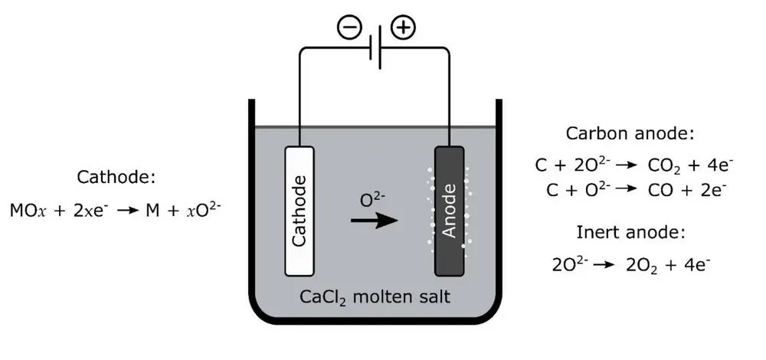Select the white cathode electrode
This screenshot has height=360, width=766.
click(300, 211)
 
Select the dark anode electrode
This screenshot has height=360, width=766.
click(450, 211)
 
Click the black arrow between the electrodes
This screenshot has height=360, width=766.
click(375, 221)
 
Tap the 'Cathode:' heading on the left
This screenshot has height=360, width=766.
click(116, 178)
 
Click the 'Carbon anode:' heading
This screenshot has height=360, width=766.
click(630, 133)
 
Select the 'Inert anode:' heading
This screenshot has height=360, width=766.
click(630, 233)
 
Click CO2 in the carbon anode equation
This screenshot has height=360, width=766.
click(663, 165)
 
